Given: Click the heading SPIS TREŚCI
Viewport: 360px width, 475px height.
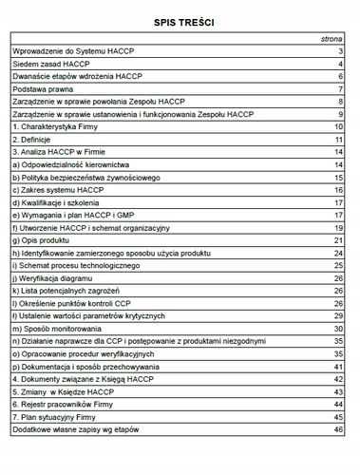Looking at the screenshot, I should tap(180, 18).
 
